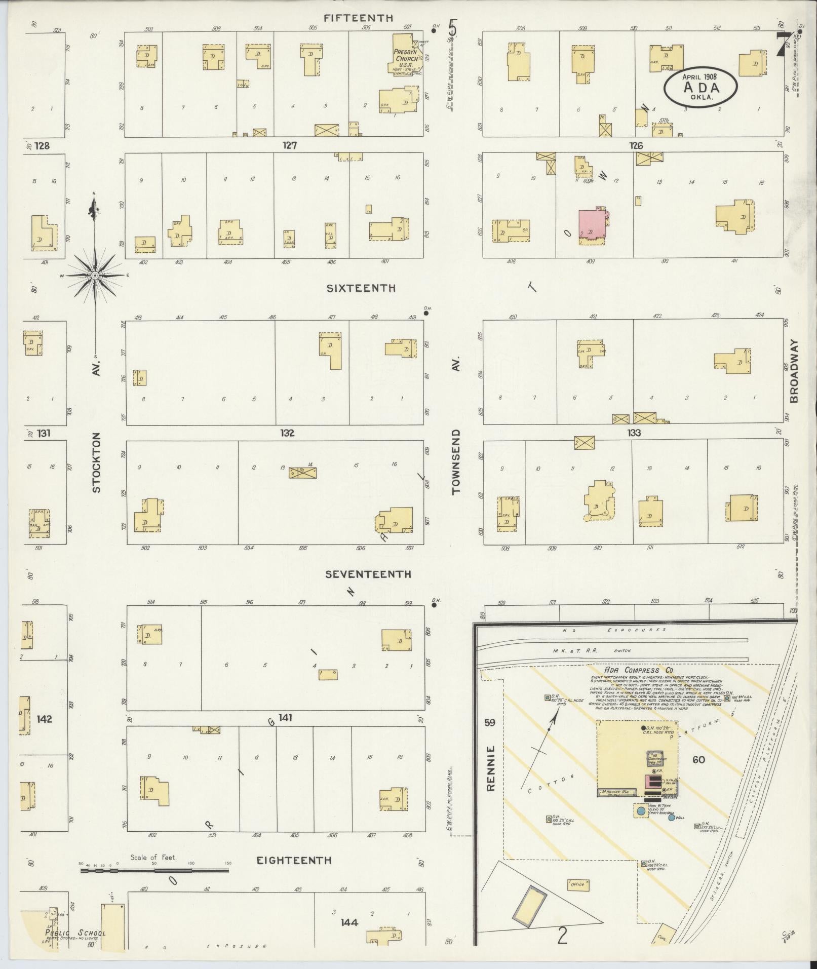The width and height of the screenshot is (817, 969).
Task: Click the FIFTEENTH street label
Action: coord(359,18)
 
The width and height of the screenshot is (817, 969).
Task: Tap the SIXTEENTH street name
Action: coord(361,288)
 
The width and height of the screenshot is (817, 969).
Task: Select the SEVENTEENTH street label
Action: coord(368,574)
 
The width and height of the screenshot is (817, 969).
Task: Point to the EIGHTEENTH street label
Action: coord(294,860)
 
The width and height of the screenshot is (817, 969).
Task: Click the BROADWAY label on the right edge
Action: coord(793,371)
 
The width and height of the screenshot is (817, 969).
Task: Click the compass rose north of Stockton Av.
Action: coord(95,275)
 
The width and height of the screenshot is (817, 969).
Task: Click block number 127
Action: coord(290,146)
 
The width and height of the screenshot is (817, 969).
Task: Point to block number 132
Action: coord(287,433)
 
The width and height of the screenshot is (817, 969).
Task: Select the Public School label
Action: coord(75,933)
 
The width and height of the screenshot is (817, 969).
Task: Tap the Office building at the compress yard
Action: coord(578,884)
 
